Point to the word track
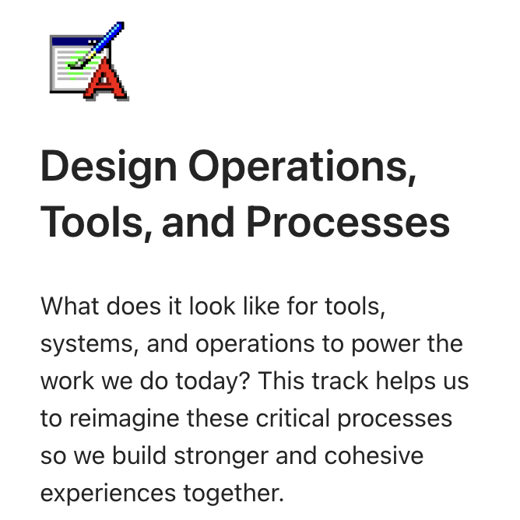pos(340,381)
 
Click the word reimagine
pos(124,418)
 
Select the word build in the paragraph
pos(137,455)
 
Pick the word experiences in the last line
pos(108,493)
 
